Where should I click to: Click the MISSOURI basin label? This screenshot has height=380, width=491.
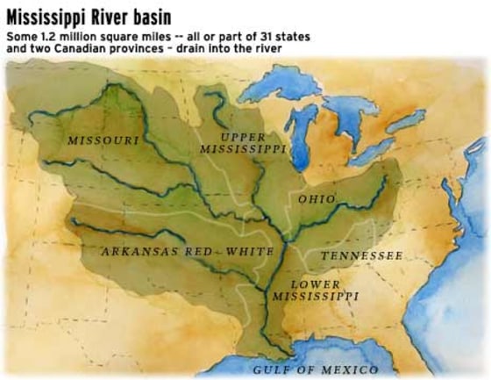click(103, 140)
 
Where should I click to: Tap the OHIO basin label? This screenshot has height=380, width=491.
click(317, 199)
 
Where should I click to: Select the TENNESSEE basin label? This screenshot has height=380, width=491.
click(361, 255)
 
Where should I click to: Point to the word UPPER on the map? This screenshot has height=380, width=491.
click(243, 137)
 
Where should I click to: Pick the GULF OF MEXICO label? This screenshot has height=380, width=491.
click(315, 369)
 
